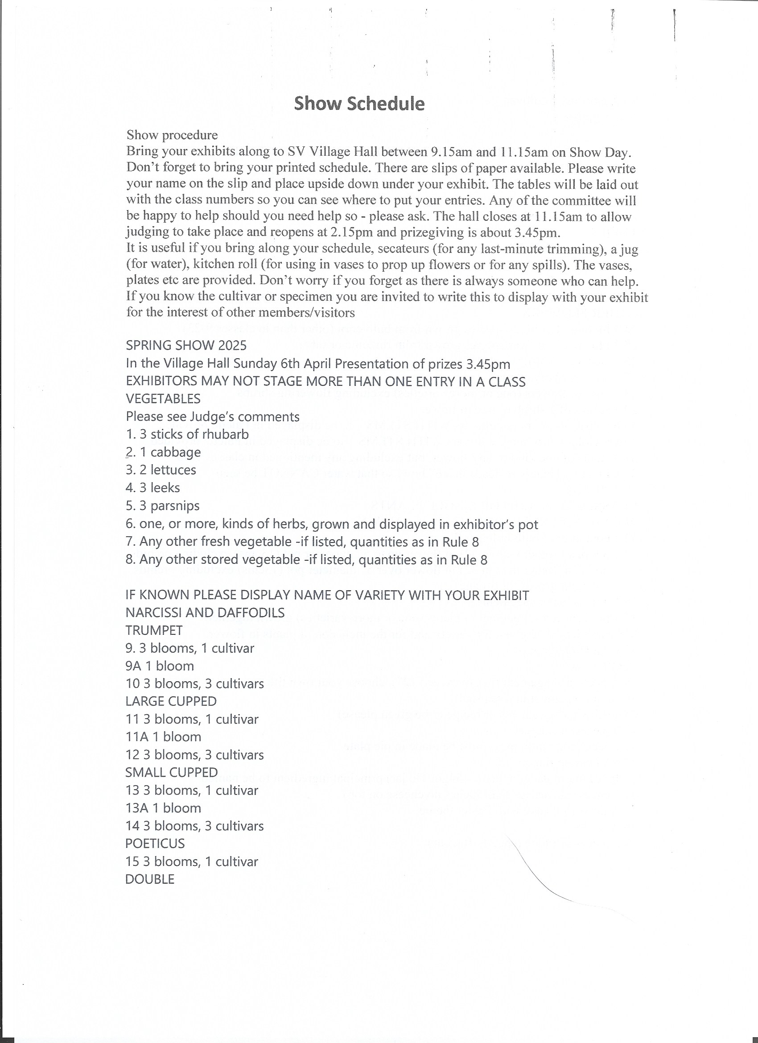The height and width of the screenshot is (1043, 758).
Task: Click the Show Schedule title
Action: [x=359, y=103]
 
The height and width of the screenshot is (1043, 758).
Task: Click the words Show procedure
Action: [x=172, y=135]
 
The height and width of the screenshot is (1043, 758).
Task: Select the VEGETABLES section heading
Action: [x=163, y=399]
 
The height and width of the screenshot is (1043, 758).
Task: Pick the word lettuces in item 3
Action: [x=173, y=470]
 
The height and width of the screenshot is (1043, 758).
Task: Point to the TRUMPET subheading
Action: [x=154, y=630]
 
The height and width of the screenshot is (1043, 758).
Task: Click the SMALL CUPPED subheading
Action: [x=172, y=773]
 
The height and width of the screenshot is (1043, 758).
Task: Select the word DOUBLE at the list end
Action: [x=150, y=879]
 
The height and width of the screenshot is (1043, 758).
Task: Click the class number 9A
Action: [x=133, y=666]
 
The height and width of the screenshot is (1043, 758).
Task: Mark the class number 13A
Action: [x=137, y=808]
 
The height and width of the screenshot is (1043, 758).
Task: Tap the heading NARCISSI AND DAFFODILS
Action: [x=205, y=613]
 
